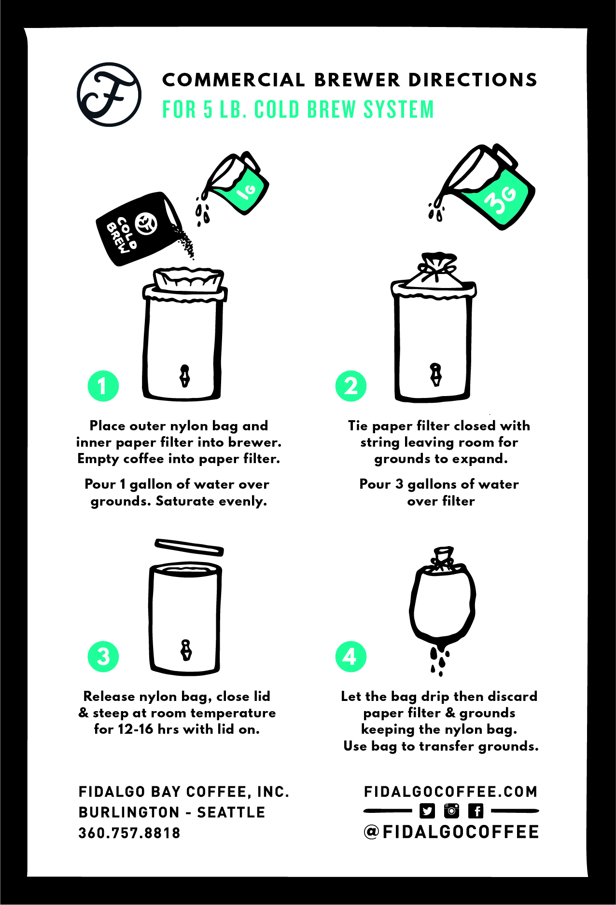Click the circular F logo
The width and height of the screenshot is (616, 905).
[109, 95]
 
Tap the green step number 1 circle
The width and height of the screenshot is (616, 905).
[103, 386]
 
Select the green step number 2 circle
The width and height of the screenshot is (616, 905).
[351, 386]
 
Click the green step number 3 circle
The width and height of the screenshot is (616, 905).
[103, 657]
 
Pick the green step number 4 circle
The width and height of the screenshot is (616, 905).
[351, 657]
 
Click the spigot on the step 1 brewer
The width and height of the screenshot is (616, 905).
[185, 376]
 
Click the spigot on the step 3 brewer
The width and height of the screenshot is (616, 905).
[186, 650]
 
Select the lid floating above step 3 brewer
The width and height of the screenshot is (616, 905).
[189, 547]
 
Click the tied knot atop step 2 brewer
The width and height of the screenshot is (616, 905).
[437, 267]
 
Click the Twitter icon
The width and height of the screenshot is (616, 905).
[427, 811]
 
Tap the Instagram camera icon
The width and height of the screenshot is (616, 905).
[451, 811]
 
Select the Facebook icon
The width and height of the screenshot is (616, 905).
[476, 811]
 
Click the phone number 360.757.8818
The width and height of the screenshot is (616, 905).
[129, 833]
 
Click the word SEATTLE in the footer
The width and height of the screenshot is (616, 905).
[231, 812]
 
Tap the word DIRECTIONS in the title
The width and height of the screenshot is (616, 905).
[473, 80]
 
